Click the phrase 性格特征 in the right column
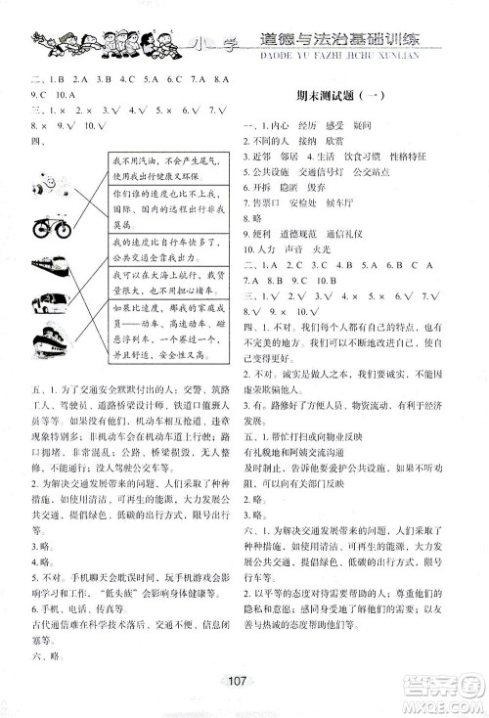tap(428, 155)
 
